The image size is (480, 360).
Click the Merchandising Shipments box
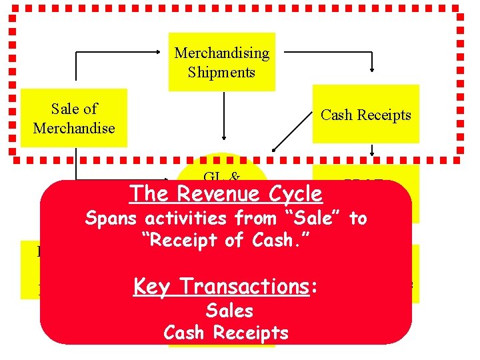[221, 62]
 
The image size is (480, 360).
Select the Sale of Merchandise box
[74, 118]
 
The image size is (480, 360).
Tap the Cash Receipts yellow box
[366, 115]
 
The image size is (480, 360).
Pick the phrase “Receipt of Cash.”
[225, 240]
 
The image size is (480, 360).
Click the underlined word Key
[151, 286]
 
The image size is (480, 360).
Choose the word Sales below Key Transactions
[229, 311]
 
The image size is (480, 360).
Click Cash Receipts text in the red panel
[225, 333]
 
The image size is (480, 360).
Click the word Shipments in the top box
[221, 72]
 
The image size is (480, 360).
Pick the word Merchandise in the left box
[74, 127]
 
